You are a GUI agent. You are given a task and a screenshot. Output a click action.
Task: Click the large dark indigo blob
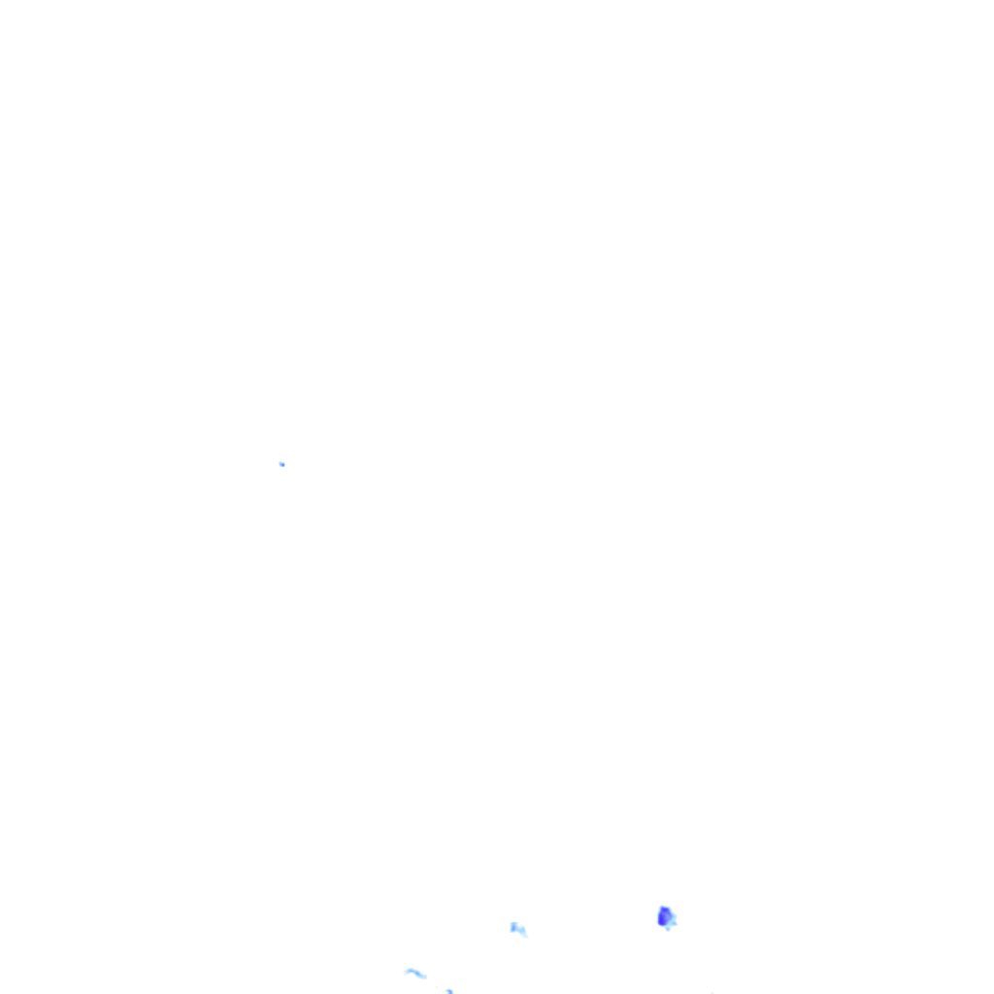click(x=665, y=916)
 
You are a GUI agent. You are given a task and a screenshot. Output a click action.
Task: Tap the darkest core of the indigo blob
click(x=663, y=917)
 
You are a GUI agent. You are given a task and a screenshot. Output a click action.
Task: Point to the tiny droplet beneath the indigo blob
click(x=667, y=928)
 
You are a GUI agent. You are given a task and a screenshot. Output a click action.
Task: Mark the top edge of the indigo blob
click(x=664, y=907)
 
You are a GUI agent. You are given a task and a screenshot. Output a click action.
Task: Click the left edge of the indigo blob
click(x=658, y=916)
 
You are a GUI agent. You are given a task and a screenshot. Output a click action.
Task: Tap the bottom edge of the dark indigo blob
click(x=664, y=925)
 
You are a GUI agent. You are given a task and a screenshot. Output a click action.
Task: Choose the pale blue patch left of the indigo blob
click(x=517, y=929)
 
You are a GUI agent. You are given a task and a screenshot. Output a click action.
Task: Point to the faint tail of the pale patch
click(x=524, y=935)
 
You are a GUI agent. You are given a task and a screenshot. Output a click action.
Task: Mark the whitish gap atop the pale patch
click(x=518, y=925)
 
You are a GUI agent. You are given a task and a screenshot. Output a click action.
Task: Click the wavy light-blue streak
click(x=415, y=973)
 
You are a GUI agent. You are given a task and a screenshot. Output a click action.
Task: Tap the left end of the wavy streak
click(x=406, y=972)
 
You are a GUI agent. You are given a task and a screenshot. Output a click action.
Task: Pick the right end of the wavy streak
click(x=425, y=977)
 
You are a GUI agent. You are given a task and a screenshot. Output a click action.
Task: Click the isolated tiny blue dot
click(x=282, y=464)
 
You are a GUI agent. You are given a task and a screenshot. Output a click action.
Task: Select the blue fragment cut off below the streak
click(x=448, y=991)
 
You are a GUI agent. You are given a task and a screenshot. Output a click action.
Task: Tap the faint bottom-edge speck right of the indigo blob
click(x=712, y=992)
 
